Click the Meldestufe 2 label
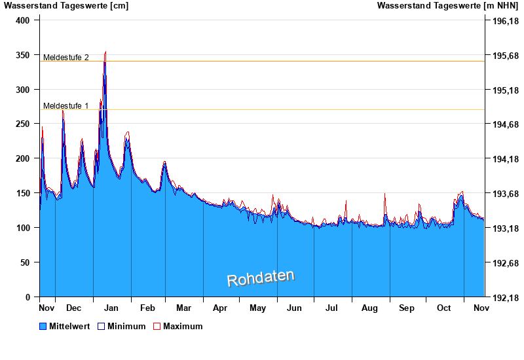66,58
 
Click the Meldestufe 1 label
66,106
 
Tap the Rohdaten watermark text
261,278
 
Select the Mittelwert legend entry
64,326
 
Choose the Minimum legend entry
121,326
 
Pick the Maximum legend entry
178,326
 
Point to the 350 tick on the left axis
23,55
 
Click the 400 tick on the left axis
23,20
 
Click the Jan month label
111,308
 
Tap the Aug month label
370,308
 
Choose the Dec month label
74,308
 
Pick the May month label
258,308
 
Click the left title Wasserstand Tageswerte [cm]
66,6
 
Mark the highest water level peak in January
105,52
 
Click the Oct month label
445,308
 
